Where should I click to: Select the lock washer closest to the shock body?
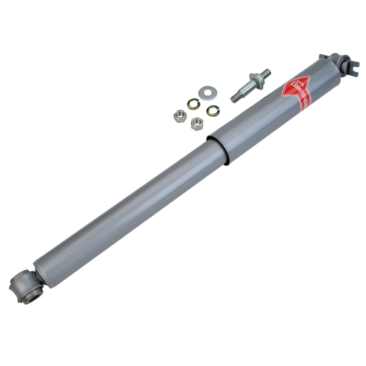pos(212,110)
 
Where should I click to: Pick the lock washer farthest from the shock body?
pos(194,104)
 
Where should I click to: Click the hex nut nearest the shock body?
pos(197,123)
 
